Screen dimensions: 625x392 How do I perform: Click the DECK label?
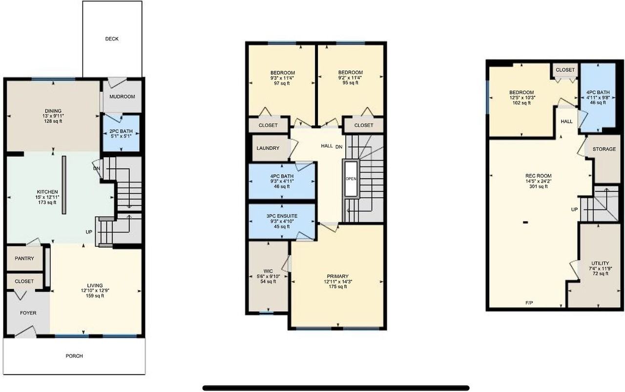coord(112,39)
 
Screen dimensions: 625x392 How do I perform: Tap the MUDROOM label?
coord(122,97)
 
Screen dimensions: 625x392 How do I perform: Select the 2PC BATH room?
coord(121,134)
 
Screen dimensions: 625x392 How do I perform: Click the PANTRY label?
coord(24,258)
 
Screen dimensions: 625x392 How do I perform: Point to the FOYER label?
coord(28,313)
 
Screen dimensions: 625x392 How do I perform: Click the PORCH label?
coord(74,356)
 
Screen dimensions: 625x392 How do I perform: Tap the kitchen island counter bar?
coord(64,185)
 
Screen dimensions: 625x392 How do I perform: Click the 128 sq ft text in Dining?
coord(53,121)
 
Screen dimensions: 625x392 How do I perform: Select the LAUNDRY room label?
coord(268,148)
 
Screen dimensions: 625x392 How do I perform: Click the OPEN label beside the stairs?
coord(351,179)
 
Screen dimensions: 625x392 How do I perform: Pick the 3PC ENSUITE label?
coord(282,216)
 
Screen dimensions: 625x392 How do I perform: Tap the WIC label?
coord(268,271)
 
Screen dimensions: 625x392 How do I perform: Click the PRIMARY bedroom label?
coord(338,276)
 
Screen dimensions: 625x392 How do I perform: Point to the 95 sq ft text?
coord(351,83)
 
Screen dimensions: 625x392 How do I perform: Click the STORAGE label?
coord(604,149)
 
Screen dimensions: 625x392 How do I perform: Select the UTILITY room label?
coord(600,263)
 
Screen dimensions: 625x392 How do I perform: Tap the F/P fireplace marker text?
coord(529,303)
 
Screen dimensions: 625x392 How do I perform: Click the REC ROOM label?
coord(539,176)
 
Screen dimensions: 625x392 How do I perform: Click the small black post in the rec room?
coord(526,223)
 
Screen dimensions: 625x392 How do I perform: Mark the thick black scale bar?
coord(336,388)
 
